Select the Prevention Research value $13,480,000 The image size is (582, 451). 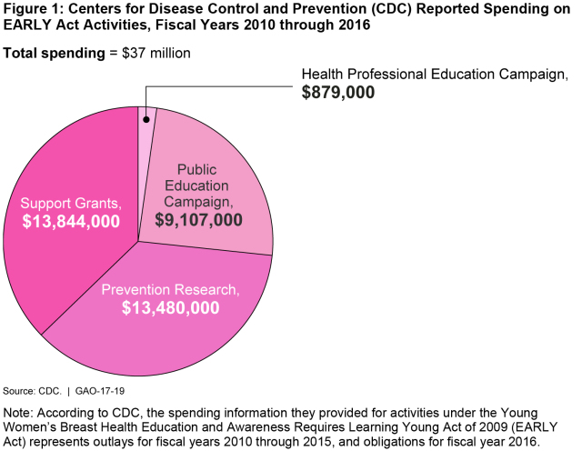pos(170,307)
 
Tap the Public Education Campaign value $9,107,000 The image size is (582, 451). pos(197,220)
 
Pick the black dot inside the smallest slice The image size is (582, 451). pos(145,119)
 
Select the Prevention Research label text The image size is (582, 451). pos(170,289)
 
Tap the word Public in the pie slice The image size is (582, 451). pos(197,169)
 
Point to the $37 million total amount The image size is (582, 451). pos(156,53)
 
